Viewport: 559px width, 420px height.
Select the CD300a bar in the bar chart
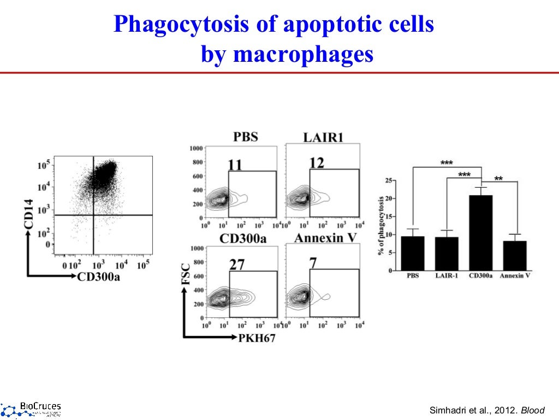480,232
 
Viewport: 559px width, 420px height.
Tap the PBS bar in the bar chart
413,253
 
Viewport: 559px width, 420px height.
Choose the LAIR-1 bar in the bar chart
447,254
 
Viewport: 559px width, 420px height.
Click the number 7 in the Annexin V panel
313,262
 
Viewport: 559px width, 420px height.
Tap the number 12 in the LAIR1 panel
316,163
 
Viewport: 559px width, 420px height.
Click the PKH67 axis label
257,338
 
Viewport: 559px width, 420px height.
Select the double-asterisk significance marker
498,178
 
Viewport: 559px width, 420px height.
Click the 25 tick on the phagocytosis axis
389,180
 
